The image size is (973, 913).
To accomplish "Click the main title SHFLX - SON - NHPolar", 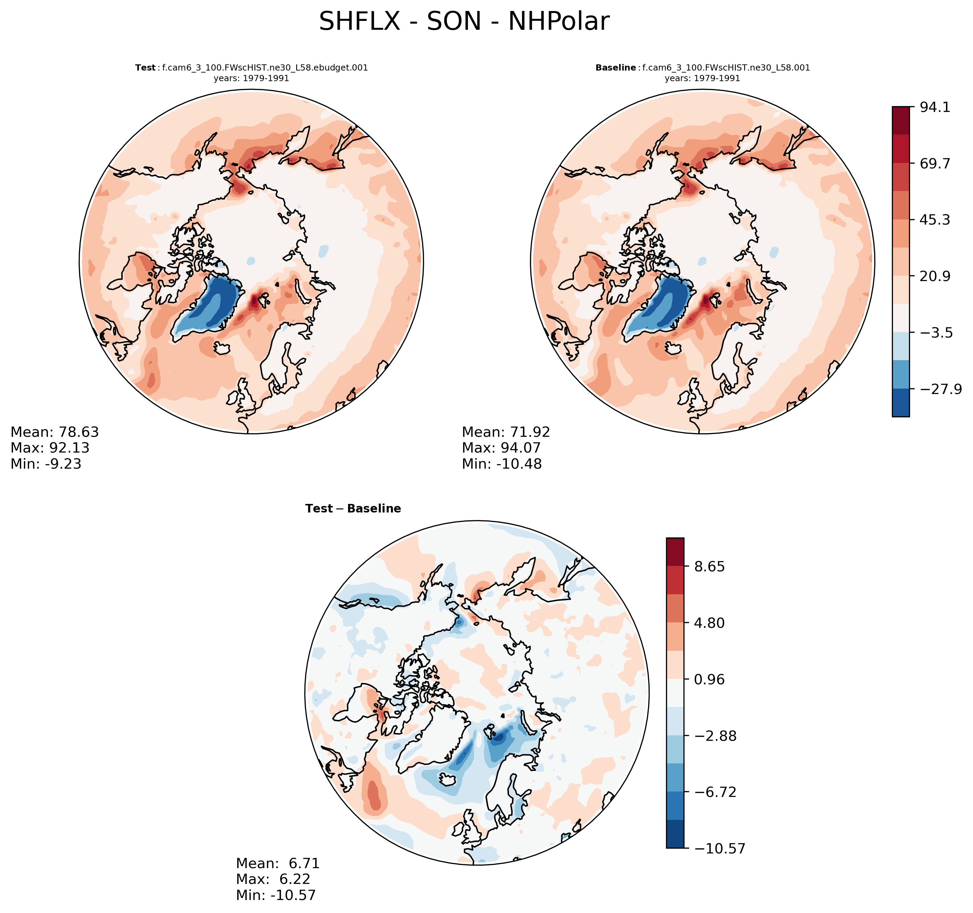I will point(464,22).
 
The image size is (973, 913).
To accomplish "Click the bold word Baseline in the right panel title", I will point(615,67).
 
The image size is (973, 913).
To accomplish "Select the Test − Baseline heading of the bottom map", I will point(353,509).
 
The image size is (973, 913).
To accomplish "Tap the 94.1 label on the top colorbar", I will point(935,107).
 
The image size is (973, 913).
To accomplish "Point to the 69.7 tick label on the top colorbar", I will point(935,164).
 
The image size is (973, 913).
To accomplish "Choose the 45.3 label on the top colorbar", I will point(935,220).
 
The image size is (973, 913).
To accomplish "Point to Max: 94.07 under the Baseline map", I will point(501,448).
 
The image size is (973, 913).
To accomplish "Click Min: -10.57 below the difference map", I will point(276,896).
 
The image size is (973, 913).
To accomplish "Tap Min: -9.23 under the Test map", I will point(46,464).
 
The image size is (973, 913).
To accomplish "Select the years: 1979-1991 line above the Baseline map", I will point(702,78).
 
